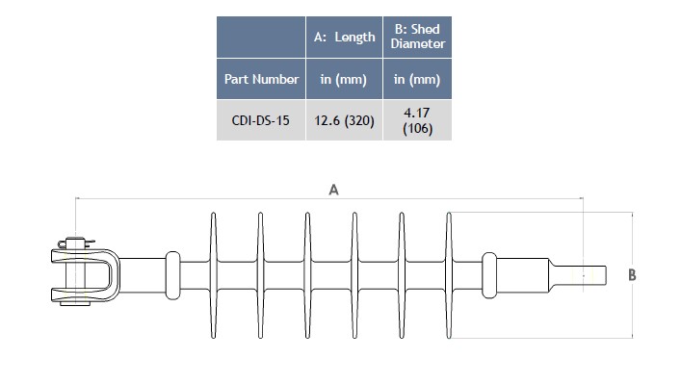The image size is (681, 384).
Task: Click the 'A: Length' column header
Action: coord(344,38)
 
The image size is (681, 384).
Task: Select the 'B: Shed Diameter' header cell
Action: coord(417,37)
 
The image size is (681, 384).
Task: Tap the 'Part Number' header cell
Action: coord(261,79)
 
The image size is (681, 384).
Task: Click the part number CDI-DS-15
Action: coord(261,120)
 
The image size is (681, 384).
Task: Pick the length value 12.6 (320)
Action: coord(344,120)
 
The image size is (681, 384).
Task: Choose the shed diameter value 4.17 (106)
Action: coord(417,120)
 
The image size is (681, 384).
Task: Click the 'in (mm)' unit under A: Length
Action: coord(344,80)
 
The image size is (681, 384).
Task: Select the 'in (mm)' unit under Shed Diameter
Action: coord(417,80)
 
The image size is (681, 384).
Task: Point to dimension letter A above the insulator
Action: coord(333,190)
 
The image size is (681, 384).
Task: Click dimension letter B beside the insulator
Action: coord(632,275)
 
